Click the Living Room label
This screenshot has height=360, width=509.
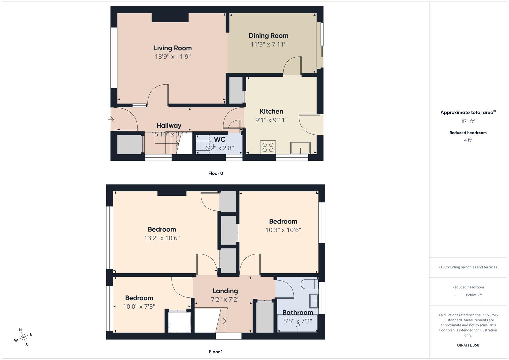[x=173, y=48]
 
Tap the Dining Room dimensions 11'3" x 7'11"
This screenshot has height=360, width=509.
[x=268, y=44]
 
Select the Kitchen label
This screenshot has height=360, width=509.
[x=271, y=111]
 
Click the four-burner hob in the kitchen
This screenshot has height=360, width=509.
[x=268, y=147]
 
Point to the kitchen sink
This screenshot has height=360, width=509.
[x=300, y=148]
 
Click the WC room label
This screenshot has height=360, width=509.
[x=220, y=139]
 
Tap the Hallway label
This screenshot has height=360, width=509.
[x=169, y=125]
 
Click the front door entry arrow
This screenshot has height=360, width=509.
[x=111, y=119]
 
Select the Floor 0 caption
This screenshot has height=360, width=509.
[x=216, y=173]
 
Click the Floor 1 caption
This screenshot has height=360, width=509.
[x=216, y=352]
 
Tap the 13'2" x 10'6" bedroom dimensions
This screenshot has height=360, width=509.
[x=162, y=238]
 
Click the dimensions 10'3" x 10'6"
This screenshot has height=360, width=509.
[x=283, y=230]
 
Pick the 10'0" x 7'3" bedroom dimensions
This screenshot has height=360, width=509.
[x=139, y=307]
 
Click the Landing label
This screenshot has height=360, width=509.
[x=225, y=291]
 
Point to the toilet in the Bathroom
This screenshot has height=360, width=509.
[x=309, y=284]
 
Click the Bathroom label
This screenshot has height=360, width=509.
[x=298, y=312]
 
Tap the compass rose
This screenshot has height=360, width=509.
[x=23, y=337]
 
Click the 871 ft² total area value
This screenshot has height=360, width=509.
[x=468, y=121]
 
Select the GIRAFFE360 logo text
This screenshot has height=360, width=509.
[x=468, y=345]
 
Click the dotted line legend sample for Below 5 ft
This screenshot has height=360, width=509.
[x=459, y=295]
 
